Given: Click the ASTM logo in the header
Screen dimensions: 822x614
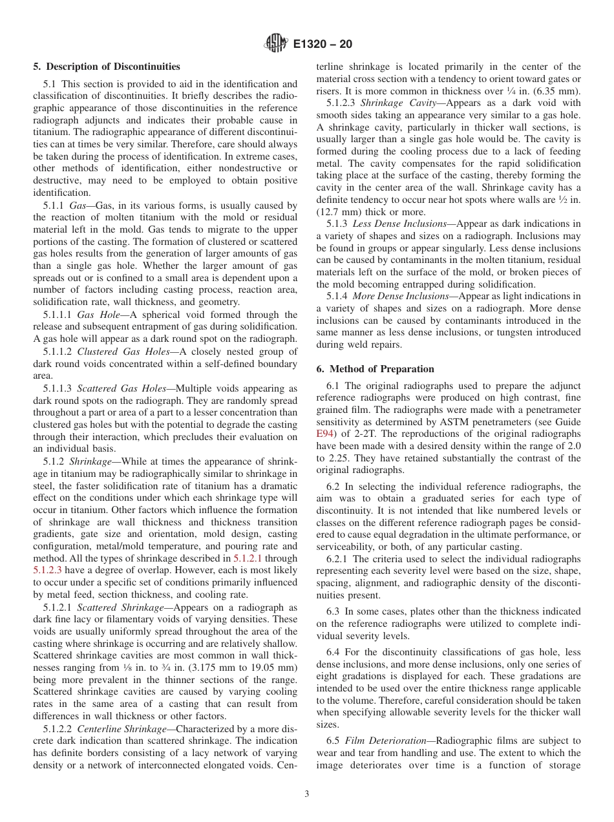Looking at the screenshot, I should click(x=276, y=45).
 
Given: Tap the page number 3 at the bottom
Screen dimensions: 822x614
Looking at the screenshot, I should click(x=307, y=794).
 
